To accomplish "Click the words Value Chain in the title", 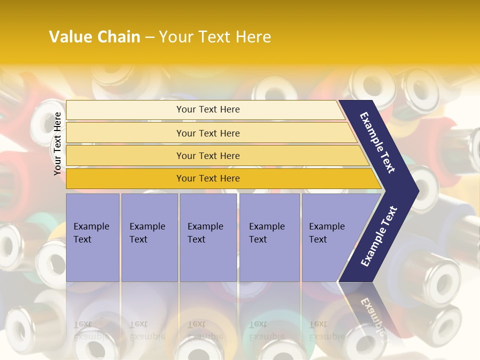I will click(94, 37).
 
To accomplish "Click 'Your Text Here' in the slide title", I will click(215, 37).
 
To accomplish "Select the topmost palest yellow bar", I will click(207, 109).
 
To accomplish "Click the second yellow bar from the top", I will click(207, 133).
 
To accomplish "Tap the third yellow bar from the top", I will click(207, 155).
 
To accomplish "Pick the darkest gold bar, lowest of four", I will click(207, 178).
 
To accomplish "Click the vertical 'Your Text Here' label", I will click(58, 143).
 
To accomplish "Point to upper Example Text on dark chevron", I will click(378, 142).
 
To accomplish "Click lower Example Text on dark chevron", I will click(379, 236).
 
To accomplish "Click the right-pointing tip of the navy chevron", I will click(416, 191).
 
